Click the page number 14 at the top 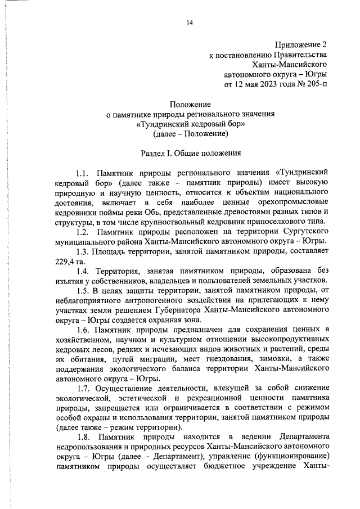(190, 22)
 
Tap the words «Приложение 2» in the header (301, 44)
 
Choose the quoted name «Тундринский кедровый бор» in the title (191, 124)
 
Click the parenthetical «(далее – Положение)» (191, 134)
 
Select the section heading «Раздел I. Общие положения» (191, 153)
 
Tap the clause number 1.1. (83, 172)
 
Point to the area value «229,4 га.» (73, 262)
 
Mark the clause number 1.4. (83, 272)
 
